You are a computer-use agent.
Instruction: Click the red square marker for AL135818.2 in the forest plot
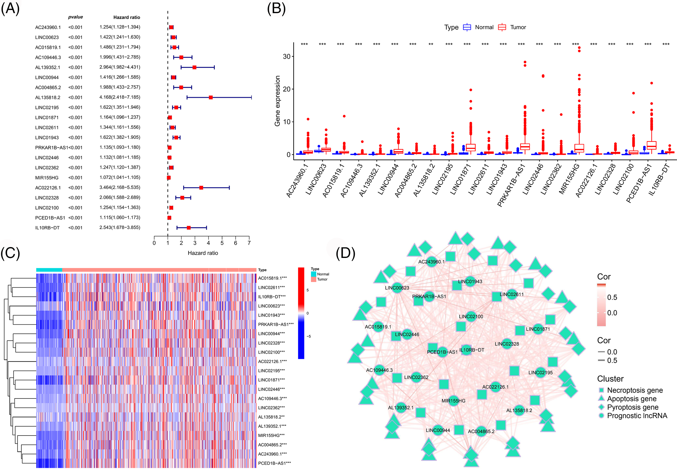click(x=211, y=97)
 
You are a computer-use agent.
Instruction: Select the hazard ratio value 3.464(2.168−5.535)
click(x=120, y=187)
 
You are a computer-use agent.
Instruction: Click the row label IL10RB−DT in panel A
click(x=47, y=228)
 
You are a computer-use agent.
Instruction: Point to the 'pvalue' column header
click(x=76, y=17)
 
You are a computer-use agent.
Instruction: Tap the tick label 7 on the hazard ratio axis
click(x=249, y=243)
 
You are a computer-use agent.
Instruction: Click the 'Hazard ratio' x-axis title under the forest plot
click(x=203, y=253)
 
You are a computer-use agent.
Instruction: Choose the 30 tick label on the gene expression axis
click(x=287, y=56)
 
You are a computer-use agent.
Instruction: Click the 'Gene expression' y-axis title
click(x=277, y=101)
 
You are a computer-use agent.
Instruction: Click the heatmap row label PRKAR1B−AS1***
click(x=276, y=324)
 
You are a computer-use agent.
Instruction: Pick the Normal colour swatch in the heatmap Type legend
click(x=314, y=274)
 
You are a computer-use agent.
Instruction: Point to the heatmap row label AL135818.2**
click(x=271, y=417)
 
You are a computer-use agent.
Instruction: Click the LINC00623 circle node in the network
click(x=397, y=288)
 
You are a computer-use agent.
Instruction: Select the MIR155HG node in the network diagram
click(x=454, y=401)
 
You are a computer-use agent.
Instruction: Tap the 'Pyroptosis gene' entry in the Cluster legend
click(x=632, y=407)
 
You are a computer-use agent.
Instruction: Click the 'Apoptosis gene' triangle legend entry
click(x=631, y=399)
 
